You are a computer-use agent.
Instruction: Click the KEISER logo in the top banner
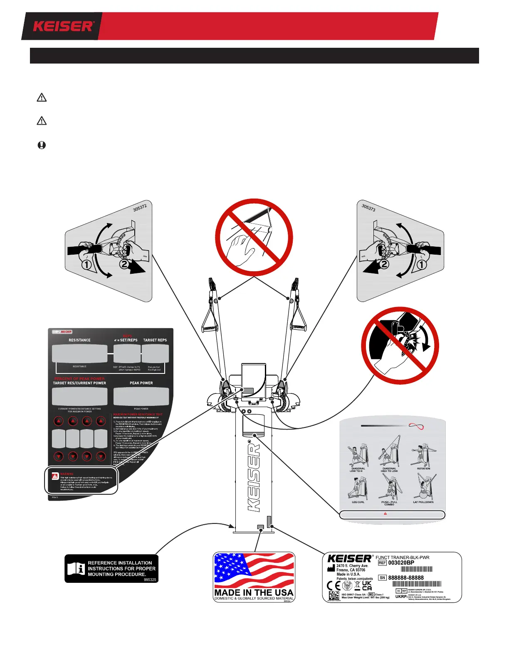pyautogui.click(x=63, y=27)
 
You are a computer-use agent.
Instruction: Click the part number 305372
pyautogui.click(x=140, y=207)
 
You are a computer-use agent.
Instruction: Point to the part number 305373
pyautogui.click(x=368, y=207)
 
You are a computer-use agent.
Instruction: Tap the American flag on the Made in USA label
pyautogui.click(x=254, y=570)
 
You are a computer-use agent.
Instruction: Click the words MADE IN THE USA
pyautogui.click(x=254, y=592)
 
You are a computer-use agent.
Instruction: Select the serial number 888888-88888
pyautogui.click(x=406, y=578)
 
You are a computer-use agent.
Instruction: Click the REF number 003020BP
pyautogui.click(x=401, y=563)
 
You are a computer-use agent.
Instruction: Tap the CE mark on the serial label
pyautogui.click(x=334, y=586)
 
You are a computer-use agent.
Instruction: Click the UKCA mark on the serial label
pyautogui.click(x=367, y=586)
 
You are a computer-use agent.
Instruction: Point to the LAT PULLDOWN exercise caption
pyautogui.click(x=423, y=502)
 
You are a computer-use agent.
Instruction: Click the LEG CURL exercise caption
pyautogui.click(x=358, y=502)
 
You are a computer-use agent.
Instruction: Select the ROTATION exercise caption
pyautogui.click(x=423, y=469)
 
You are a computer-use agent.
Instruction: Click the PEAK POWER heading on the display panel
pyautogui.click(x=141, y=383)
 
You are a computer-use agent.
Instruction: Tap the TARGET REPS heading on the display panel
pyautogui.click(x=155, y=340)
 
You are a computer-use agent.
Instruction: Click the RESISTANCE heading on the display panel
pyautogui.click(x=79, y=340)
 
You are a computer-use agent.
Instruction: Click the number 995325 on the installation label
pyautogui.click(x=150, y=579)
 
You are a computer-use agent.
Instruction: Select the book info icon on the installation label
pyautogui.click(x=76, y=569)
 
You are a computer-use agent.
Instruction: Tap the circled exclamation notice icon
pyautogui.click(x=42, y=145)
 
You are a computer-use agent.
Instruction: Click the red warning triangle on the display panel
pyautogui.click(x=55, y=476)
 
